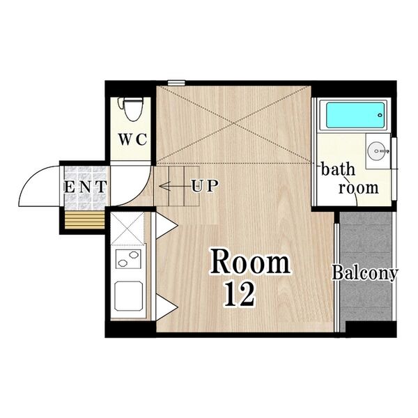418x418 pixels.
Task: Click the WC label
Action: pos(131,139)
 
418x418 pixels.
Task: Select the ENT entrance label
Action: pos(85,187)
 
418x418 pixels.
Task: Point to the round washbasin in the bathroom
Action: pos(378,148)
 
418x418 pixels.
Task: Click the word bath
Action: pos(338,170)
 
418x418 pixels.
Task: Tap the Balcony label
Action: pos(364,273)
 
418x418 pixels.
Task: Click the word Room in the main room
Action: pos(250,263)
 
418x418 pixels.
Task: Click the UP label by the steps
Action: pos(205,186)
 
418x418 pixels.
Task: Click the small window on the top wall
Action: pos(176,83)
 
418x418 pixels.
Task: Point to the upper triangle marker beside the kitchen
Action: pos(165,225)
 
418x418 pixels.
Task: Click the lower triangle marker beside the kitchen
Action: pos(165,307)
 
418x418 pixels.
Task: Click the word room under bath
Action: pos(359,187)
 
